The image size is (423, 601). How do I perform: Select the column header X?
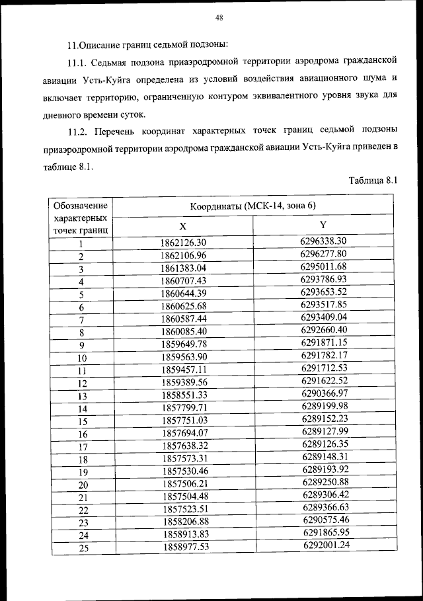(x=182, y=225)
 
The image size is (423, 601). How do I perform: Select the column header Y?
(x=323, y=225)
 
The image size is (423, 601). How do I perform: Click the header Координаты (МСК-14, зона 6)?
(x=252, y=206)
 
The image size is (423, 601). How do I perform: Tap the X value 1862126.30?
(x=183, y=243)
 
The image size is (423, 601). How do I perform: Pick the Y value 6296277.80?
(x=323, y=254)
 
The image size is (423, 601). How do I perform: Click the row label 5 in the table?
(x=81, y=296)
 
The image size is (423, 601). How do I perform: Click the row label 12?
(x=82, y=383)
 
